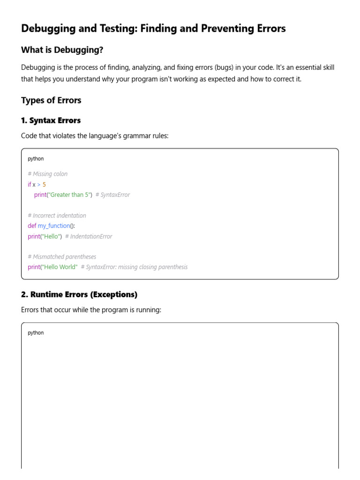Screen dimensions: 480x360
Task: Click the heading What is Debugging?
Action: tap(62, 50)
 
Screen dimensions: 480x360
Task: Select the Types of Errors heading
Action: tap(51, 100)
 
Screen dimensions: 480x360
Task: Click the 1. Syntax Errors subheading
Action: tap(51, 120)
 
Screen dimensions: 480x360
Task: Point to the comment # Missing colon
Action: tap(47, 174)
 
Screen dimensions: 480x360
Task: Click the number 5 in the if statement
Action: tap(44, 184)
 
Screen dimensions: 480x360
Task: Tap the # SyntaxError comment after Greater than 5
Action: tap(112, 195)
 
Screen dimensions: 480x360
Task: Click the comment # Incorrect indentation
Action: tap(57, 216)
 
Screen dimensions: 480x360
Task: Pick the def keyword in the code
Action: tap(32, 226)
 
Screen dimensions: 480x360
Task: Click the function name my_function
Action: tap(53, 226)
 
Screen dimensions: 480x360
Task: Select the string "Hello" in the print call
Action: tap(52, 236)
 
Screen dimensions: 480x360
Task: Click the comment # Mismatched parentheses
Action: tap(62, 257)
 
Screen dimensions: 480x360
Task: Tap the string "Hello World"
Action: tap(60, 267)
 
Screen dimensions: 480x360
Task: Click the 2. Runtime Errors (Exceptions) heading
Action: tap(79, 294)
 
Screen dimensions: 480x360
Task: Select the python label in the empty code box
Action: tap(36, 333)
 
